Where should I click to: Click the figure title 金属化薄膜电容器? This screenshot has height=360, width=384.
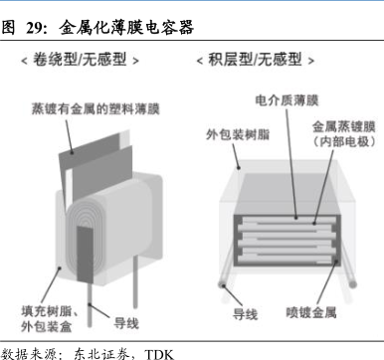click(x=126, y=28)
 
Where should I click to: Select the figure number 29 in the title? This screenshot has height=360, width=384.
click(x=34, y=28)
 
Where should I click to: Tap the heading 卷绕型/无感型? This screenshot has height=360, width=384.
click(x=80, y=60)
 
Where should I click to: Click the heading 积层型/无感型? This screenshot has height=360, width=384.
click(x=255, y=60)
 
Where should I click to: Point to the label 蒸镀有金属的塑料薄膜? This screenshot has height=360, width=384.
click(x=96, y=108)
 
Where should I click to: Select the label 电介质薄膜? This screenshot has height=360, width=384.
click(x=287, y=100)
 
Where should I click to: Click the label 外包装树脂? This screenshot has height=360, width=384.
click(x=238, y=134)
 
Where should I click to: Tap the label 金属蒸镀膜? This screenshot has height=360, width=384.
click(x=344, y=127)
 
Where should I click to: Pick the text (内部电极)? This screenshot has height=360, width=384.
click(x=344, y=142)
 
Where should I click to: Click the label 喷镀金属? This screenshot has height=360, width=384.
click(x=311, y=312)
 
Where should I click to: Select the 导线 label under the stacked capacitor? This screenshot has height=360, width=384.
click(x=245, y=314)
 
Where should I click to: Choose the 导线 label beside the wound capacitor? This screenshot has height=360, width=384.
click(x=126, y=323)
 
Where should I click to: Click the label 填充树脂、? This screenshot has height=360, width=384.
click(x=50, y=311)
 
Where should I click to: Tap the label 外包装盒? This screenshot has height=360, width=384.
click(x=47, y=326)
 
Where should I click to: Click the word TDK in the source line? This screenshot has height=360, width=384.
click(x=159, y=354)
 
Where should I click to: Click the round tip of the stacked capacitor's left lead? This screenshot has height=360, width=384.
click(x=222, y=284)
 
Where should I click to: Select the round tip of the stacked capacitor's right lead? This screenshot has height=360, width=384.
click(x=353, y=284)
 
